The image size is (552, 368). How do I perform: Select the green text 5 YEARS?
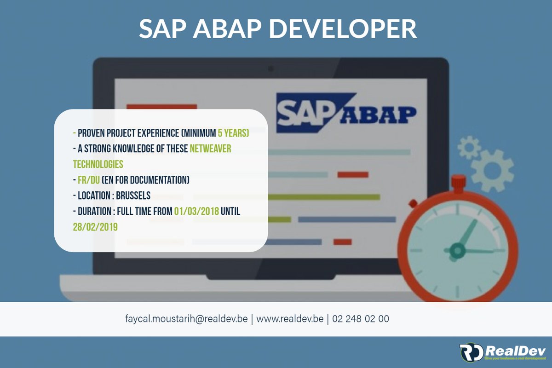click(233, 133)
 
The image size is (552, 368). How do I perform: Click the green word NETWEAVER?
click(210, 149)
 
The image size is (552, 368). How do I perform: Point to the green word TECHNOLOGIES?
click(98, 164)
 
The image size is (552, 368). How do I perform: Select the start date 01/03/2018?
click(196, 211)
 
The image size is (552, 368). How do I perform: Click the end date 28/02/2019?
click(95, 227)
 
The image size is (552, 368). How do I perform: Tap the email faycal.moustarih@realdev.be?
click(186, 318)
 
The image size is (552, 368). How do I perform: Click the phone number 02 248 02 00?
click(360, 318)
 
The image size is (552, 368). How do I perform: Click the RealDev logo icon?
click(471, 352)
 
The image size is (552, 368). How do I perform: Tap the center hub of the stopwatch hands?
click(457, 251)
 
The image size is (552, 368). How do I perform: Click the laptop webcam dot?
click(270, 69)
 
